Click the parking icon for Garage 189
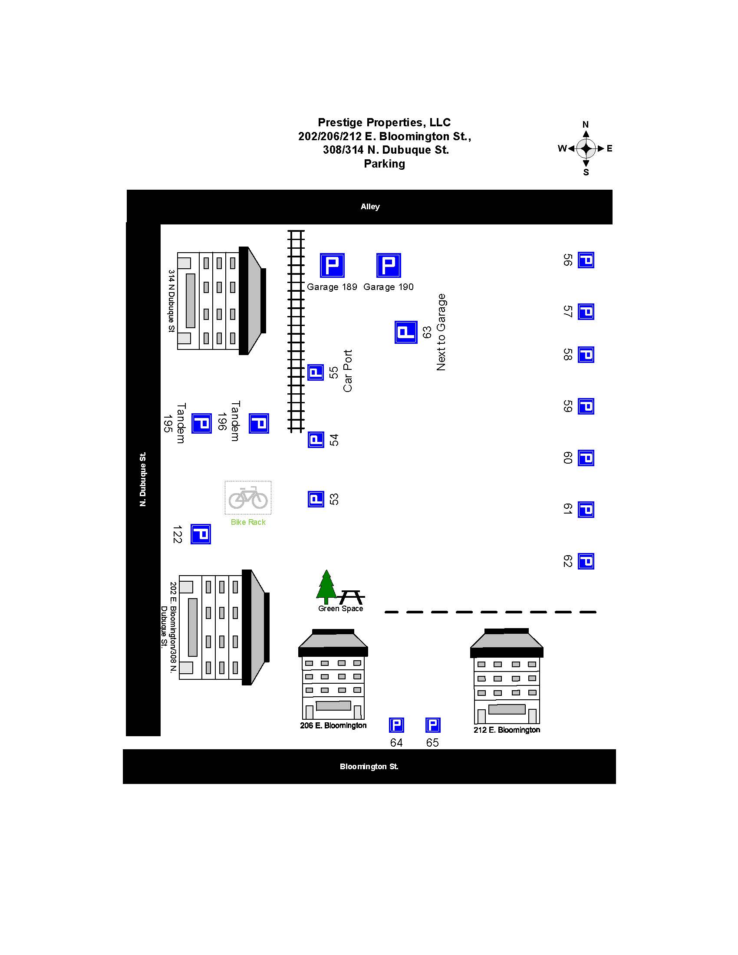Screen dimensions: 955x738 [x=332, y=265]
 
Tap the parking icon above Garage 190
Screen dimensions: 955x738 [x=388, y=265]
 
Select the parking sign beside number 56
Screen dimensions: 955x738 [x=586, y=260]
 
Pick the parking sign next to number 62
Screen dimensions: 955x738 [x=586, y=561]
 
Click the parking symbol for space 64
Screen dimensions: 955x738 [x=396, y=725]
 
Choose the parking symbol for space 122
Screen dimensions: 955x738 [x=201, y=534]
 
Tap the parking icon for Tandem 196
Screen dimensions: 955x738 [x=259, y=423]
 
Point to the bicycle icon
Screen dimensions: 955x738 [x=248, y=497]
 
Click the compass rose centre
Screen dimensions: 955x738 [x=586, y=148]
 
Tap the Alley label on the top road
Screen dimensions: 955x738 [x=370, y=206]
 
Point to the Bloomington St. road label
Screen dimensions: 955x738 [x=369, y=767]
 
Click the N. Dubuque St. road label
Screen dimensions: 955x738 [x=143, y=479]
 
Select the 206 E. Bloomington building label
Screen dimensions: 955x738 [x=333, y=725]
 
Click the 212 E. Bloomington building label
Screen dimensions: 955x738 [x=507, y=730]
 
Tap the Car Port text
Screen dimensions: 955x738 [x=348, y=371]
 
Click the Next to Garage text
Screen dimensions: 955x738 [x=441, y=333]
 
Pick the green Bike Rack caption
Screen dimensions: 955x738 [x=248, y=522]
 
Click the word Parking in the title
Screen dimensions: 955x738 [x=384, y=164]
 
